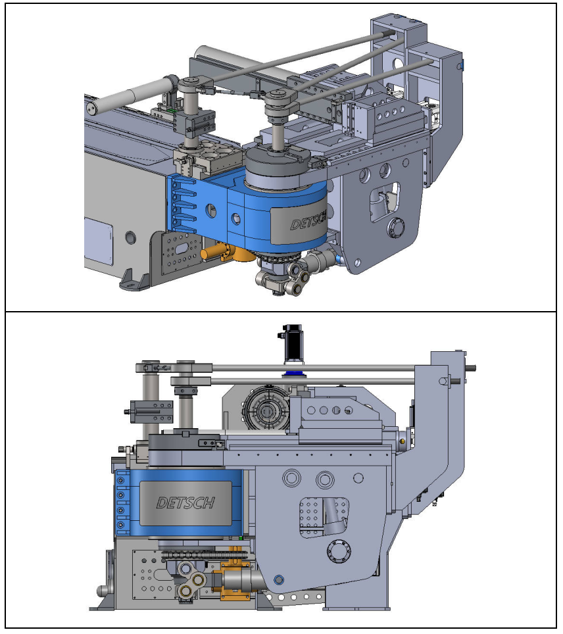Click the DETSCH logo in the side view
pyautogui.click(x=185, y=502)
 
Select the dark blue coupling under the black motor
pyautogui.click(x=294, y=373)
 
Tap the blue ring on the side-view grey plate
pyautogui.click(x=278, y=580)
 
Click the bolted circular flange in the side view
pyautogui.click(x=339, y=550)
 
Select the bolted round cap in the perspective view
pyautogui.click(x=395, y=228)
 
